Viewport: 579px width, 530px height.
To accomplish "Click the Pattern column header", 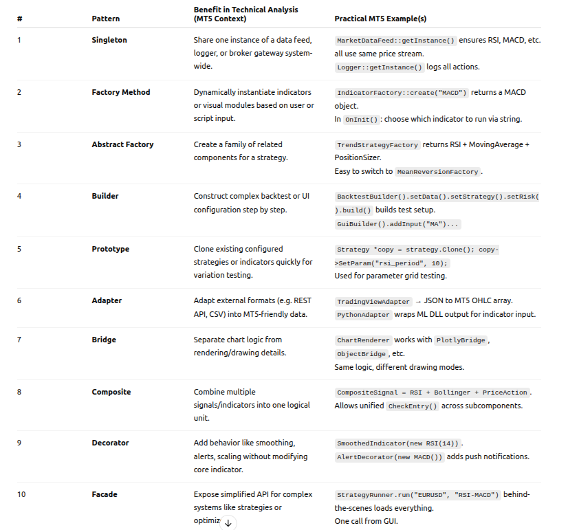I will [x=105, y=19].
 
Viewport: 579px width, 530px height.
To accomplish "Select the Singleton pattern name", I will [x=109, y=40].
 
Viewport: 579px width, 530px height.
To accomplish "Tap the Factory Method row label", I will [x=120, y=92].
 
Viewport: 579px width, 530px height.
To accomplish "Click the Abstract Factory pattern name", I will [x=122, y=144].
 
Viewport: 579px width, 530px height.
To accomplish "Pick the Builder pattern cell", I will [x=105, y=196].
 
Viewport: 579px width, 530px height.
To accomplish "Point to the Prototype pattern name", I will [x=110, y=249].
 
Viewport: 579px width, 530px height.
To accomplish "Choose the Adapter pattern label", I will [x=107, y=301].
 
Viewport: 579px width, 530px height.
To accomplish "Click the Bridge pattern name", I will [x=104, y=340].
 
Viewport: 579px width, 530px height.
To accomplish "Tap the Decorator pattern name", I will [x=110, y=443].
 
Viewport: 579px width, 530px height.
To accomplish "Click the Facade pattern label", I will [x=105, y=494].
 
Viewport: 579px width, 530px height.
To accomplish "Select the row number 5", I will [x=19, y=249].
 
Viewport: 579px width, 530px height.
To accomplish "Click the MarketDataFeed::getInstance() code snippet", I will [x=395, y=41].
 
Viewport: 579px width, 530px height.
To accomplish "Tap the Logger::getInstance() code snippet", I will [x=380, y=67].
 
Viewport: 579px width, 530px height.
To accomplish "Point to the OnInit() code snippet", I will [x=361, y=120].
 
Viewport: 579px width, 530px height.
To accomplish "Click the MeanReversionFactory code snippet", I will [x=437, y=172].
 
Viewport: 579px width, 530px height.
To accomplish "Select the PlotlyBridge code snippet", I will [x=460, y=340].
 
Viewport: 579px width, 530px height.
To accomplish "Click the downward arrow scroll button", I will [x=228, y=523].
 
